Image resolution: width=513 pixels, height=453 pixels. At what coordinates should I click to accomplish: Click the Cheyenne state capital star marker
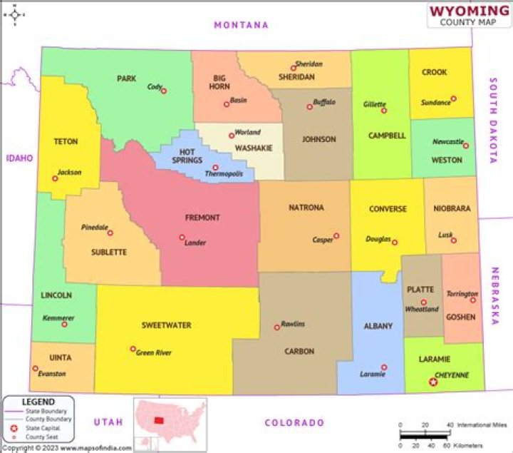point(432,382)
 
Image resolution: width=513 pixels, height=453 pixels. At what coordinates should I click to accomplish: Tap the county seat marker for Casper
point(336,236)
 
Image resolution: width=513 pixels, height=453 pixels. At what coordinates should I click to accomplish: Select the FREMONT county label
point(203,218)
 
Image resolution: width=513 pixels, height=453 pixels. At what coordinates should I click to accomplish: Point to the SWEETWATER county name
point(166,325)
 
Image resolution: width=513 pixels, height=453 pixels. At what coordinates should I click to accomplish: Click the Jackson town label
point(70,173)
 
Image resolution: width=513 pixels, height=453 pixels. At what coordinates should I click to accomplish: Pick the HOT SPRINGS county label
point(187,156)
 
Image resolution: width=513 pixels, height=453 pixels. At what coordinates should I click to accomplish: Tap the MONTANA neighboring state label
point(242,25)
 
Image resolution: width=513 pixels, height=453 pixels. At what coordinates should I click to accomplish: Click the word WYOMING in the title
point(469,11)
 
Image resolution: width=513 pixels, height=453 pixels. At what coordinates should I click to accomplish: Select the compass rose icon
point(14,13)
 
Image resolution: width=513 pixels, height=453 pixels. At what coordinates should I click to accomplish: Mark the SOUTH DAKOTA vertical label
point(492,121)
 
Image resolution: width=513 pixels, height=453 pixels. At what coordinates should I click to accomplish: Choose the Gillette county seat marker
point(384,111)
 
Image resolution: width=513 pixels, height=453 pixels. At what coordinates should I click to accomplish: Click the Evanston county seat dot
point(35,369)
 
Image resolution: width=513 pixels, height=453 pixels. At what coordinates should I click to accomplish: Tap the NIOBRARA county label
point(452,209)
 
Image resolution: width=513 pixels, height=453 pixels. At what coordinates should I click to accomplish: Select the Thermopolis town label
point(224,174)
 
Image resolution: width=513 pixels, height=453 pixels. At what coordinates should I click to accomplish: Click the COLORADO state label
point(294,423)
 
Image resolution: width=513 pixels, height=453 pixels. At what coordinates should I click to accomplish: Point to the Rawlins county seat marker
point(277,327)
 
